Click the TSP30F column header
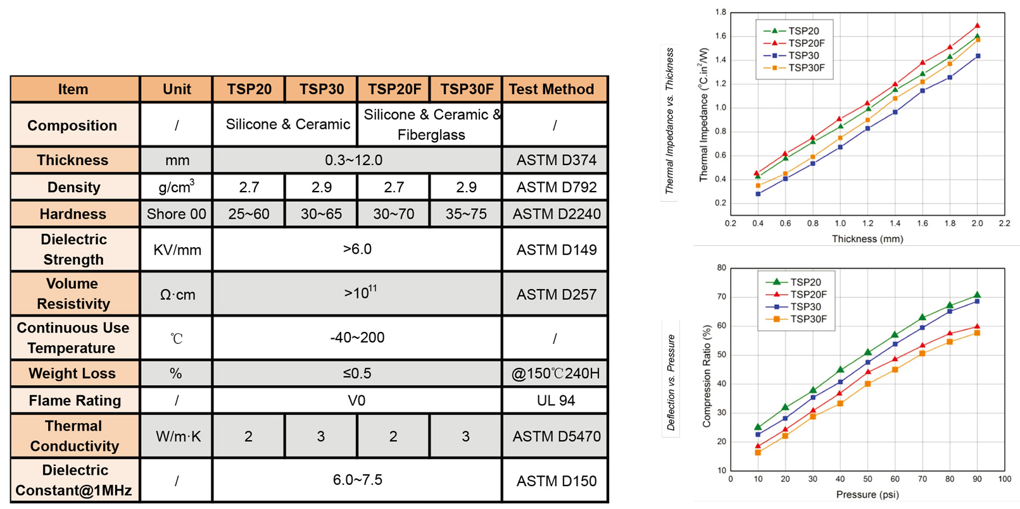[467, 89]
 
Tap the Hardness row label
[73, 214]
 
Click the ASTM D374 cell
[556, 160]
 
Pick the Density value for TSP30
[322, 187]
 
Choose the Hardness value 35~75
[466, 214]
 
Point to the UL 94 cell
[555, 400]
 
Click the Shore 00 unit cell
[176, 214]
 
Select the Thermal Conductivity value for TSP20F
[393, 436]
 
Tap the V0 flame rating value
[356, 400]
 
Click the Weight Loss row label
[72, 373]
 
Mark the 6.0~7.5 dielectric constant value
[357, 480]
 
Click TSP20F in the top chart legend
[806, 43]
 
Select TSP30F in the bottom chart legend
[808, 319]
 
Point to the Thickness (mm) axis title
[867, 239]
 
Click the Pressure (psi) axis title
[867, 494]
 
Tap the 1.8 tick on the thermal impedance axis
[721, 12]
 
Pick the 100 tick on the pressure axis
[1004, 479]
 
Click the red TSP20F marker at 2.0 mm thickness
[978, 26]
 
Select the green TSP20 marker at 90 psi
[977, 295]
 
